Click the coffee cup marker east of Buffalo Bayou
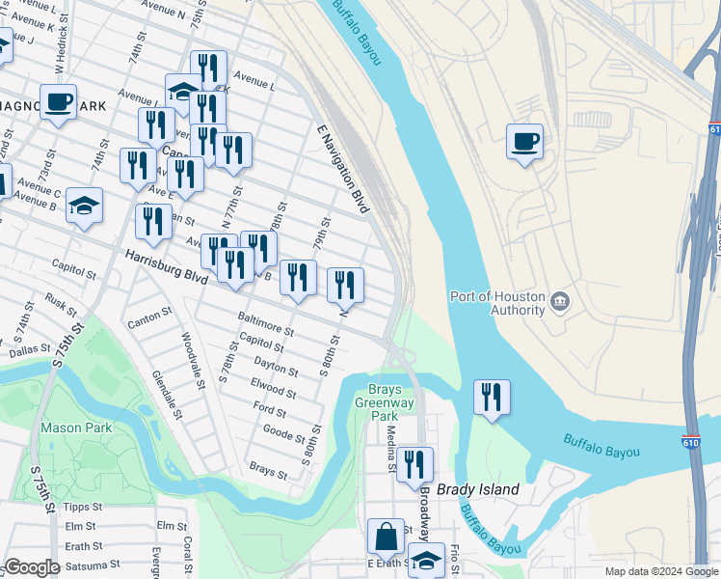tap(524, 143)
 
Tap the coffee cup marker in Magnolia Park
tap(58, 101)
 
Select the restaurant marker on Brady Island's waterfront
tap(492, 397)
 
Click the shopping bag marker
tap(386, 537)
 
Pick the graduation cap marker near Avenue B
tap(85, 206)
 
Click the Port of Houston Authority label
tap(497, 303)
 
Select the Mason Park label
tap(76, 427)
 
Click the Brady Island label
tap(478, 489)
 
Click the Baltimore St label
tap(265, 323)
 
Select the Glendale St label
tap(165, 396)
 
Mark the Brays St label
tap(268, 470)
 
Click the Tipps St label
tap(82, 506)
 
